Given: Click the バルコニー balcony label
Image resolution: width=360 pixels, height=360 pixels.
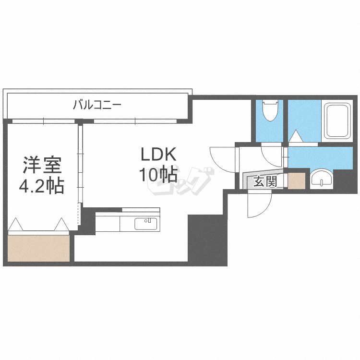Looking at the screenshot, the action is [x=97, y=105].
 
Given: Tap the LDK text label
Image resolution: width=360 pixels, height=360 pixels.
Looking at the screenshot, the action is [x=158, y=154].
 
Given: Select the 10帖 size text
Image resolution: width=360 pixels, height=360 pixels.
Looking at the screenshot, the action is [x=158, y=175].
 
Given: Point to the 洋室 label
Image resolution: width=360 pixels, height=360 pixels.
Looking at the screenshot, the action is [x=42, y=165].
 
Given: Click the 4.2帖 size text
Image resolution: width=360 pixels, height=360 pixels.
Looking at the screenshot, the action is [x=42, y=186].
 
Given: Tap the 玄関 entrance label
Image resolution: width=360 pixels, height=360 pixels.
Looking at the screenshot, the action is [x=265, y=181].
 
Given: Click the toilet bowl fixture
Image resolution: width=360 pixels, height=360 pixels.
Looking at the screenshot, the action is [x=270, y=110].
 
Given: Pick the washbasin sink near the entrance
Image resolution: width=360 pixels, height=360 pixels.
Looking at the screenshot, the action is [x=322, y=180].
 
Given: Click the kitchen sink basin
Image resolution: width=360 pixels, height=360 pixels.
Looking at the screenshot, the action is [x=146, y=224].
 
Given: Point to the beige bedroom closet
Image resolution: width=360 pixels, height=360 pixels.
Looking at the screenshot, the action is [x=38, y=248].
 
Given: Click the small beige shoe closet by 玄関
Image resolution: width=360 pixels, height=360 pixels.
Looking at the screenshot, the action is [x=297, y=180].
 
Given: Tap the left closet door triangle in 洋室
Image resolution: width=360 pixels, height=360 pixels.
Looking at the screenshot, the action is [x=15, y=224].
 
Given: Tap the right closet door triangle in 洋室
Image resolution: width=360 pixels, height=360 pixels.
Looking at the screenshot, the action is [x=61, y=224].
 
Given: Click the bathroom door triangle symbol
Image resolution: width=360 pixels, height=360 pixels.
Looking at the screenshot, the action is [x=296, y=136].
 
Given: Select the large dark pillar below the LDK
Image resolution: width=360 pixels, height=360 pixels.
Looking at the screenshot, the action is [x=207, y=240].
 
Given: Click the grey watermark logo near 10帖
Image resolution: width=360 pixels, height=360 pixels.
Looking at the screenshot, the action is [x=181, y=181].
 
